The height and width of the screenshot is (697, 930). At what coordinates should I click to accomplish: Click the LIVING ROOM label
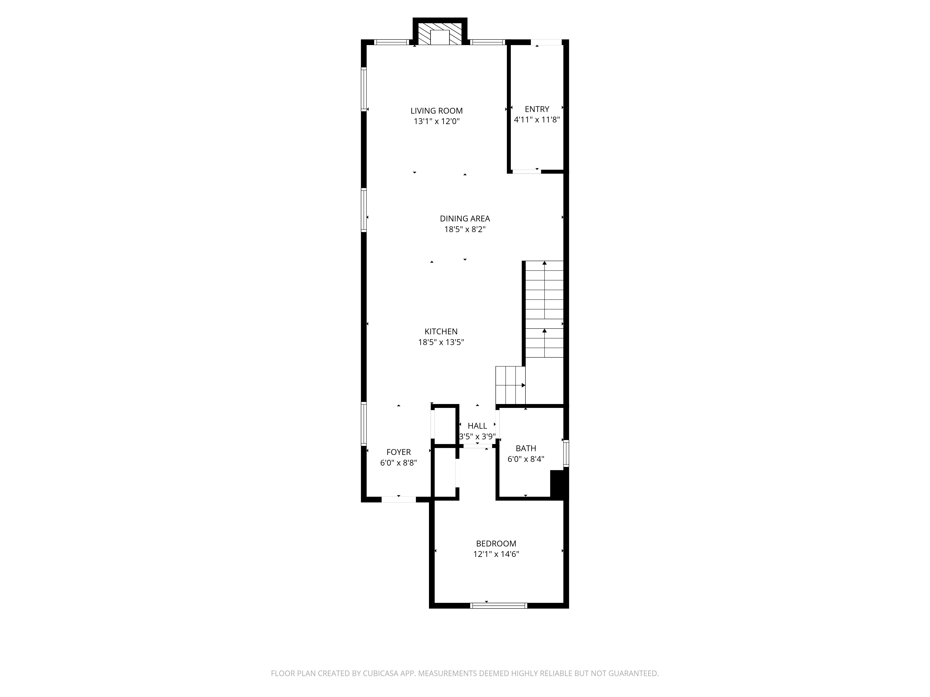(436, 111)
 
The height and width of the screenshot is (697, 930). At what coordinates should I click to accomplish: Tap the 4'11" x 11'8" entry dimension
(537, 120)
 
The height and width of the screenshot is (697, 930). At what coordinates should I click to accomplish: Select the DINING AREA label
(465, 218)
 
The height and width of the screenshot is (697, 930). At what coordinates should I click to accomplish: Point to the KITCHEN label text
(441, 332)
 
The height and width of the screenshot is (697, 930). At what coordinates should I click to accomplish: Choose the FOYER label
(399, 452)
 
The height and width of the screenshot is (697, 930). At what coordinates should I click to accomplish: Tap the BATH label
(526, 448)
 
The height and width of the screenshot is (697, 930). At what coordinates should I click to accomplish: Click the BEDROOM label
(496, 544)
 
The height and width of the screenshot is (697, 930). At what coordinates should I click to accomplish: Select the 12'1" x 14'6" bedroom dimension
(496, 554)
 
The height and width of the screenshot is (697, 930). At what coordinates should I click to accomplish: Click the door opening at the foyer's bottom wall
(399, 500)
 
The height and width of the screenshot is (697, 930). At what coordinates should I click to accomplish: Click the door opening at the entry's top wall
(546, 42)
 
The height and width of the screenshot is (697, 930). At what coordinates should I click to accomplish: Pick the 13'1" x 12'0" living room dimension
(436, 122)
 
